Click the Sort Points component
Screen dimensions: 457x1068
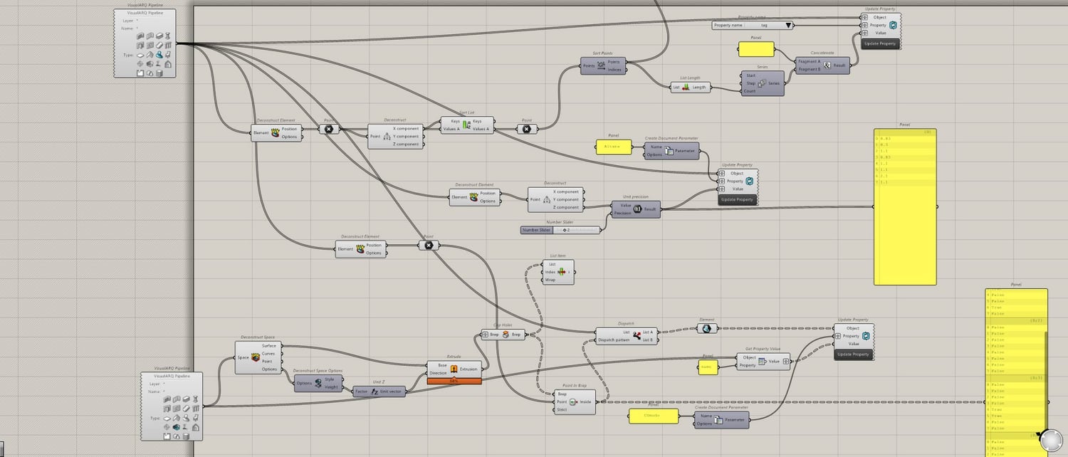[x=601, y=65]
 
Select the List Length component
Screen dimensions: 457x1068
[x=686, y=88]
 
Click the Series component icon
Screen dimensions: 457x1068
[x=762, y=83]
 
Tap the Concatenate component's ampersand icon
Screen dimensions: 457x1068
[x=827, y=65]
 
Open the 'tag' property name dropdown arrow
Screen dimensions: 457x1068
[x=788, y=25]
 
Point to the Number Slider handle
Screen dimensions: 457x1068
[x=565, y=230]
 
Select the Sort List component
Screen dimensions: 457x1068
[x=466, y=125]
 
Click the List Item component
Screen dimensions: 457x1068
[x=560, y=272]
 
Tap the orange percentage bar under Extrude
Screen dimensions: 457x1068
[x=454, y=381]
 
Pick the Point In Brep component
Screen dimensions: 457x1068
[x=574, y=401]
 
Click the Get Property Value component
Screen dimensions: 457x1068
[x=762, y=362]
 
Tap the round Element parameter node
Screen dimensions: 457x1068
[x=707, y=328]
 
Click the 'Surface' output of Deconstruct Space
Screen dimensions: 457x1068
[x=268, y=346]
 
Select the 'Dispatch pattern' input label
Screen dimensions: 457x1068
[x=613, y=340]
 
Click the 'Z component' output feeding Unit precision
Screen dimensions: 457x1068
[x=567, y=207]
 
